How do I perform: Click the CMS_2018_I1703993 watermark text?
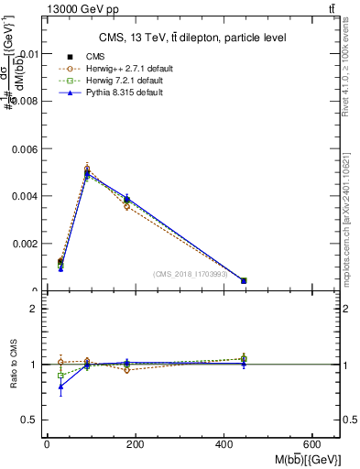click(195, 274)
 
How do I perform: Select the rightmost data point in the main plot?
click(244, 280)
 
